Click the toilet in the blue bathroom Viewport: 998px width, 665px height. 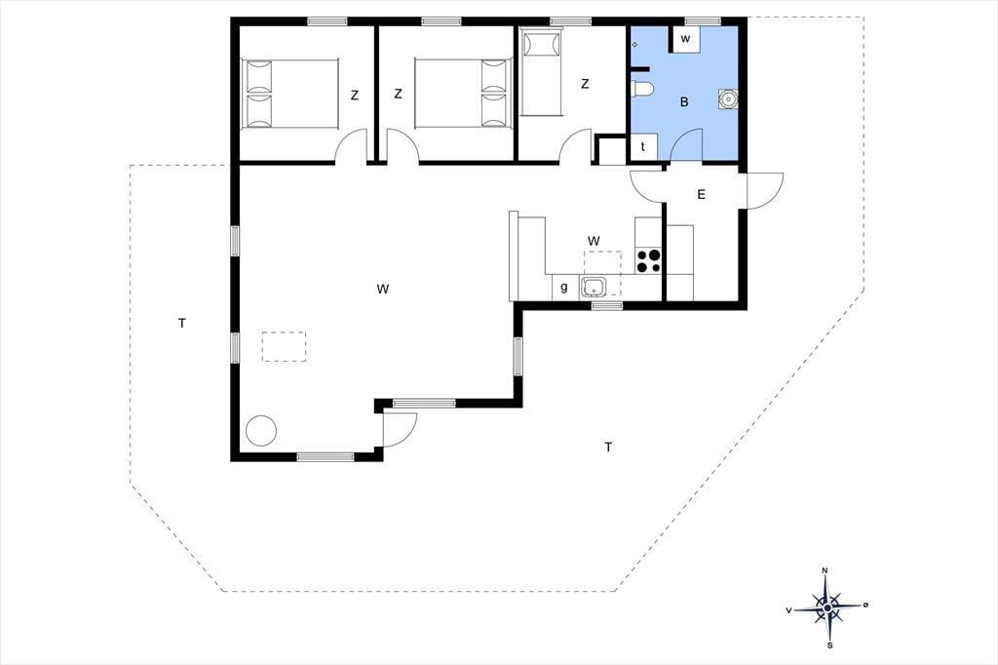(x=640, y=89)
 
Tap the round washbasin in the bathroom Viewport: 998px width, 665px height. (x=728, y=98)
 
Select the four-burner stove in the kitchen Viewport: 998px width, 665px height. (x=648, y=261)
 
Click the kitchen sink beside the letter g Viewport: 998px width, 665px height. (x=594, y=287)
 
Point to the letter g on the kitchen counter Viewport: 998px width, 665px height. (x=564, y=288)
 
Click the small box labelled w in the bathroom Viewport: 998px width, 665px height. (x=685, y=39)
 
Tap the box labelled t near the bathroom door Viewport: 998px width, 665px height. (x=643, y=147)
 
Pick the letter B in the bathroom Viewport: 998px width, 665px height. (x=684, y=102)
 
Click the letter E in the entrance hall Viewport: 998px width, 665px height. (x=702, y=194)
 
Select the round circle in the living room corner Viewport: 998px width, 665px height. (x=261, y=431)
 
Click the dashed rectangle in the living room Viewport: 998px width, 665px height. (x=284, y=346)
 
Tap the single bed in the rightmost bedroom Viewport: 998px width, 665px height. (x=542, y=73)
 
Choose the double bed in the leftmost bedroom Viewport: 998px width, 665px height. (x=289, y=94)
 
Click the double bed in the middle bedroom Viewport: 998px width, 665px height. (x=463, y=93)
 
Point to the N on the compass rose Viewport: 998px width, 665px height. (x=825, y=570)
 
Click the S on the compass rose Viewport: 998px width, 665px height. (x=830, y=645)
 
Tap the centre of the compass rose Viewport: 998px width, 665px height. (x=827, y=608)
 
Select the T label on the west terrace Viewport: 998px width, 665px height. (x=182, y=324)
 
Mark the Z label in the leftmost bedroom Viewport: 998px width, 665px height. (x=355, y=96)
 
